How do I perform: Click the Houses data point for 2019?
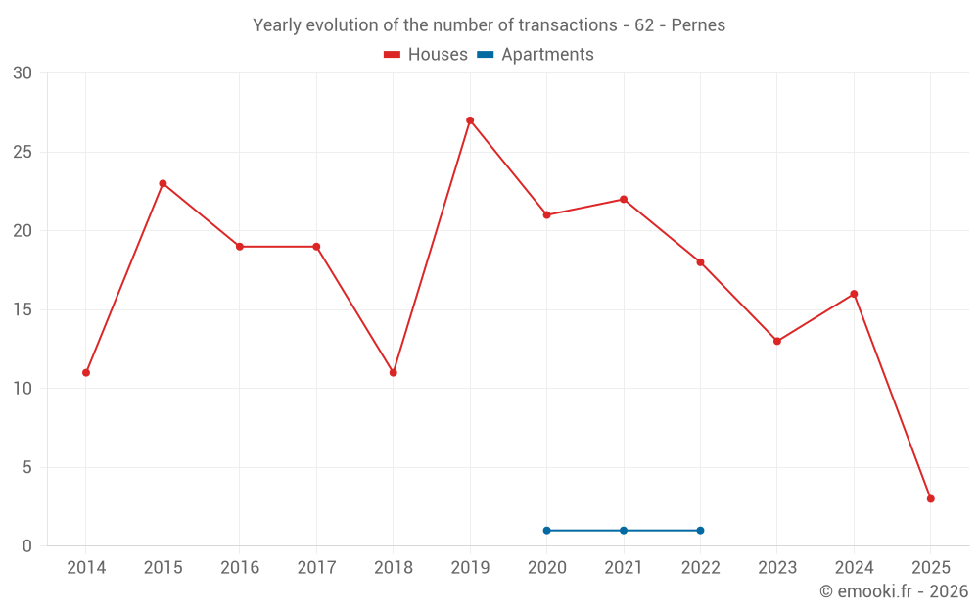click(x=470, y=120)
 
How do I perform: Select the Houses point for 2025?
click(x=930, y=498)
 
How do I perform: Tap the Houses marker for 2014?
click(x=86, y=373)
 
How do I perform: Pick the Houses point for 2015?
click(x=163, y=183)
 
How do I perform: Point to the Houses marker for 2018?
click(x=393, y=373)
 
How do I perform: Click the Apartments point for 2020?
click(x=546, y=531)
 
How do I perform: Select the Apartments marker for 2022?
click(x=700, y=531)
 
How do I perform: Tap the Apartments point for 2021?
click(x=624, y=531)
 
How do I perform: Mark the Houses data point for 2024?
click(x=854, y=294)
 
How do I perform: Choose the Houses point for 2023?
click(x=777, y=341)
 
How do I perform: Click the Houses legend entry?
click(x=426, y=55)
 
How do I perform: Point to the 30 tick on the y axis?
click(x=23, y=73)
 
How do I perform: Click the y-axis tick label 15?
click(x=23, y=309)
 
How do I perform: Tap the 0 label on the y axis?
click(x=27, y=546)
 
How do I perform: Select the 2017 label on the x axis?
click(x=316, y=568)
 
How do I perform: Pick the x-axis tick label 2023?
click(x=777, y=568)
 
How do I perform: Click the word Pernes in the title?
click(x=698, y=25)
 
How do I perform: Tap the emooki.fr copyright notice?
click(x=893, y=591)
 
